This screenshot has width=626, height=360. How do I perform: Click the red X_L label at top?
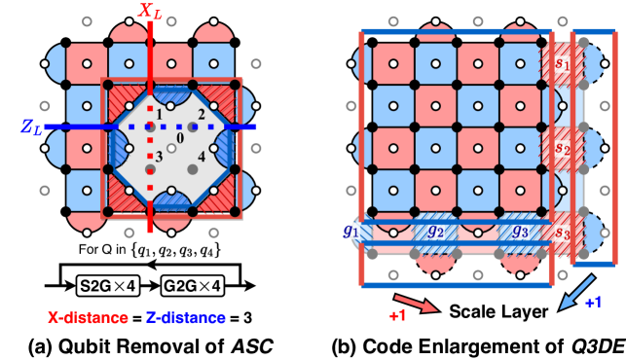point(151,12)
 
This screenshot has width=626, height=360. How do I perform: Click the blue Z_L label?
point(30,126)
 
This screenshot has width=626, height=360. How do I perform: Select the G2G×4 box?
point(192,286)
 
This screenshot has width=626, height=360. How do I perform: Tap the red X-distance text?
point(89,317)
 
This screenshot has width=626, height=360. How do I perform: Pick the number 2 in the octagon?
point(201,115)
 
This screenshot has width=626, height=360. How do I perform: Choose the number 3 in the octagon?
point(160,157)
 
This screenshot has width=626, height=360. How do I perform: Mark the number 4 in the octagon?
point(202,157)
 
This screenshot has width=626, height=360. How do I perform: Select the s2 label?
point(562,149)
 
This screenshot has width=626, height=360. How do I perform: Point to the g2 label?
point(434,232)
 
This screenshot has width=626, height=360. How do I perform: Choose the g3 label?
point(519,232)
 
